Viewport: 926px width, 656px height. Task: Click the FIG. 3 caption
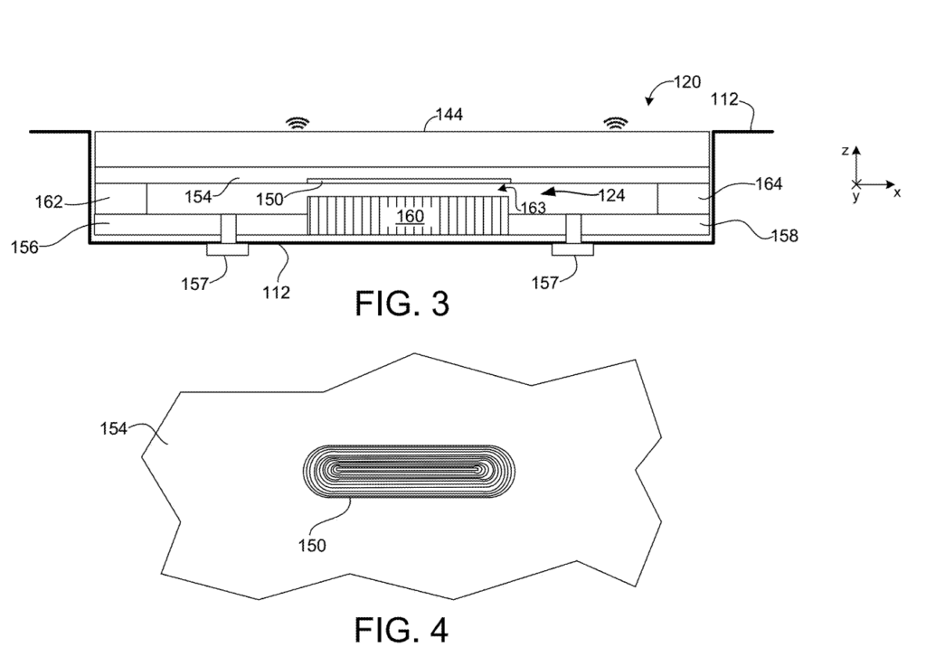coord(401,305)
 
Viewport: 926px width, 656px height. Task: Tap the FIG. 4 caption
coord(400,629)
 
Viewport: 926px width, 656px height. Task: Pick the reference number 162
coord(50,201)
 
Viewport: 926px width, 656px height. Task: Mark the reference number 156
coord(24,246)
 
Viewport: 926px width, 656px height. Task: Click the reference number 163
coord(532,207)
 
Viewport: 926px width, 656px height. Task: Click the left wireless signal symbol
coord(295,122)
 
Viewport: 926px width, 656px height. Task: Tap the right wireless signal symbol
coord(616,122)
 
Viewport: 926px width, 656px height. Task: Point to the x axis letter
coord(897,192)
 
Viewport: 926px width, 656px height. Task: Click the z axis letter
coord(845,152)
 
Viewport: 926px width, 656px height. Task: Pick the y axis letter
coord(855,196)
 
